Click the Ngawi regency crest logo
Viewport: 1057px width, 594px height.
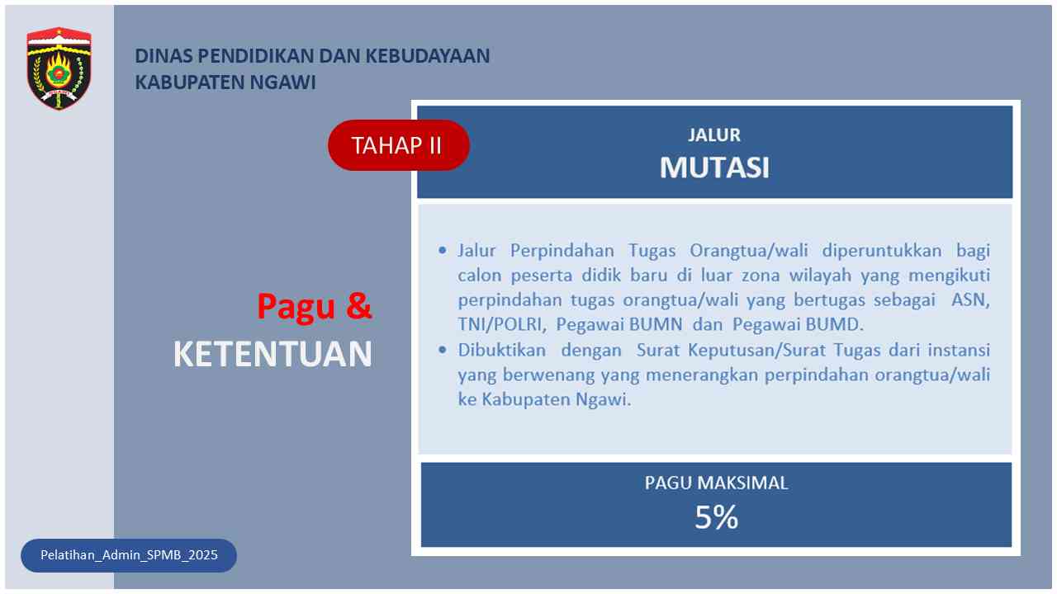point(59,68)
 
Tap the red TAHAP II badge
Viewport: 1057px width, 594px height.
point(399,145)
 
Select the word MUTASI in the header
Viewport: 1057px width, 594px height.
point(714,167)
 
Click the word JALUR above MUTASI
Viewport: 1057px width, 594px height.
point(714,135)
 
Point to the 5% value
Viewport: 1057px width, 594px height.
point(716,517)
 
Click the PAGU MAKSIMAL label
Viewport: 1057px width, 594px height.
point(716,483)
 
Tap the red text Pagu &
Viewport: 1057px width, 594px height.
point(315,307)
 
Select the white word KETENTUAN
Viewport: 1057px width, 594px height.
point(273,354)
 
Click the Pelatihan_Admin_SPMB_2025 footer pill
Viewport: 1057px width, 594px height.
point(129,555)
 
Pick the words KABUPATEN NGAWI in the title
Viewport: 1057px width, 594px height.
point(225,82)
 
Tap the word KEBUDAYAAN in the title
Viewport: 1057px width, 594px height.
point(428,56)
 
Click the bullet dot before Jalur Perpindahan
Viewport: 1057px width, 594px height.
point(442,250)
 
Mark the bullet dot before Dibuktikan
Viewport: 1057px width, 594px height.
point(442,350)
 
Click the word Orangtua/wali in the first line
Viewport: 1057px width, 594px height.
point(749,250)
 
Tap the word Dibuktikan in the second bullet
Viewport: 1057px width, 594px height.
point(501,351)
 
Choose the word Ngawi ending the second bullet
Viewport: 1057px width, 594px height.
point(603,400)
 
